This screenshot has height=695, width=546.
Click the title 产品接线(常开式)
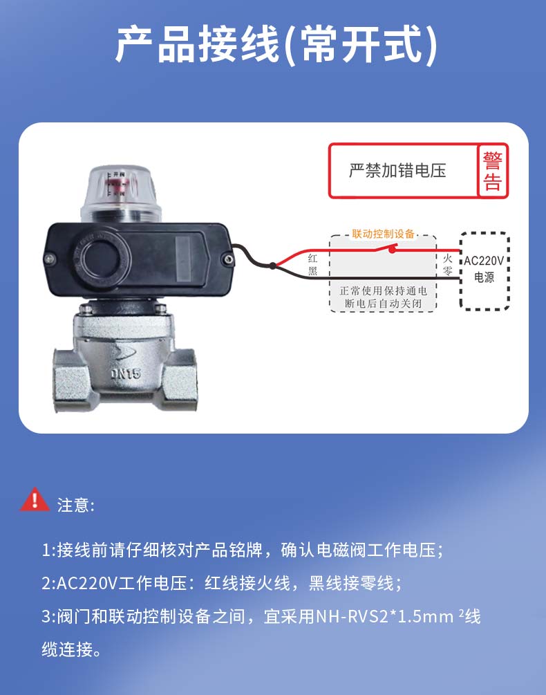[276, 45]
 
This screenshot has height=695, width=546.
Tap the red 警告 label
[492, 171]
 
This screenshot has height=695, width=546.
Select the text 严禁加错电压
[397, 171]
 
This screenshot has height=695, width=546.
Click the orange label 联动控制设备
[384, 234]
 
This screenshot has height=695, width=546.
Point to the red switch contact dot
[392, 250]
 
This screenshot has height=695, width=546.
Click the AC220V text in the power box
[484, 261]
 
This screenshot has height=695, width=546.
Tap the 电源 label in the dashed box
[484, 277]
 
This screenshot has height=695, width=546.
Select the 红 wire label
[312, 259]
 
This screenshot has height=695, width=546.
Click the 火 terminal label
[448, 258]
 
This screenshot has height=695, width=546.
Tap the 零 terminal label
[448, 270]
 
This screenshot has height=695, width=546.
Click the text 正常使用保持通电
[384, 290]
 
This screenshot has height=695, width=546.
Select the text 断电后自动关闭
[384, 304]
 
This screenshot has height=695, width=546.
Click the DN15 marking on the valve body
[125, 373]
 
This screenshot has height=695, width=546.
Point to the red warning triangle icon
[35, 499]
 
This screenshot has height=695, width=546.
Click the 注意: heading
[76, 506]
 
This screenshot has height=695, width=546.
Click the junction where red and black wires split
[273, 266]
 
